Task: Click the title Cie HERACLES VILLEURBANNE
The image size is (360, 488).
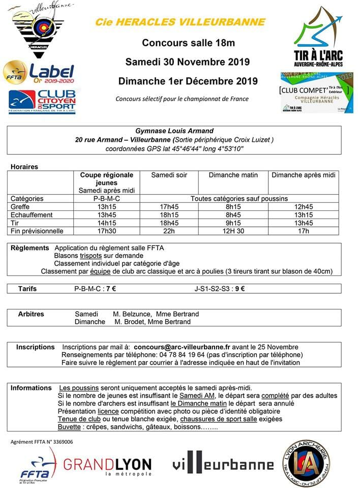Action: point(180,22)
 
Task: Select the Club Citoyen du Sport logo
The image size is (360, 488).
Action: point(42,101)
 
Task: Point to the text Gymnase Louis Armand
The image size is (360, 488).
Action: point(174,131)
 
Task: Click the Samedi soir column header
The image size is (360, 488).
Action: point(169,175)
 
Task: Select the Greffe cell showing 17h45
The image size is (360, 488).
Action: point(169,207)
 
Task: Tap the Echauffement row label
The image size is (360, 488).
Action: point(32,215)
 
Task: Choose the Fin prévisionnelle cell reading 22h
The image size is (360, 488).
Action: point(169,231)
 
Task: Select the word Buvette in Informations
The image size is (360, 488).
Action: point(69,427)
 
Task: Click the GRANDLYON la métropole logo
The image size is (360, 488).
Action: point(107,465)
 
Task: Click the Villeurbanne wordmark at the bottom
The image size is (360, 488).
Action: point(216,464)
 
